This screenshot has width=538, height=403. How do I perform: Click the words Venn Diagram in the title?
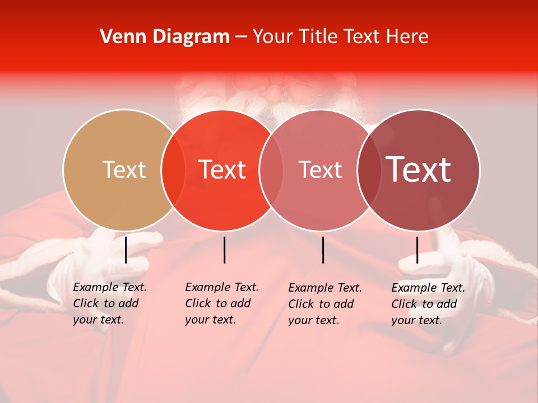click(x=165, y=37)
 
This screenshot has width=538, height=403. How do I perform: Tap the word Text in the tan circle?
click(x=124, y=170)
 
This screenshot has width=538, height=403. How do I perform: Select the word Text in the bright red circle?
click(x=222, y=170)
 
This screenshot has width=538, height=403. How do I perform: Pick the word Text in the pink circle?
click(x=320, y=170)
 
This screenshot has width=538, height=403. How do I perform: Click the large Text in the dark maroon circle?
click(x=418, y=170)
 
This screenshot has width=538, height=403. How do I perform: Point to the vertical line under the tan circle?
click(x=126, y=250)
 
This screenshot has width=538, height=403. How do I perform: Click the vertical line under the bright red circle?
click(x=224, y=250)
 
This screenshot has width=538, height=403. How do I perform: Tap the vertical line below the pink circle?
click(x=323, y=250)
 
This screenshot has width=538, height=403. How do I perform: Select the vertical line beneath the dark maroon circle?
click(x=417, y=250)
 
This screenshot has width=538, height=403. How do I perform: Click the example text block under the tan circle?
click(x=109, y=303)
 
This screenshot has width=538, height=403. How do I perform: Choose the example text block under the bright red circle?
click(x=221, y=303)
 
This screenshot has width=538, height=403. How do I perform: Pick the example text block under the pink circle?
click(x=324, y=304)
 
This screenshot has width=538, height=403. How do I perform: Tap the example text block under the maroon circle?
click(x=428, y=304)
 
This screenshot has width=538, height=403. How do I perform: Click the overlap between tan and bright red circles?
click(x=173, y=170)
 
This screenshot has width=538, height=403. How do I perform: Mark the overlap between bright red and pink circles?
click(x=271, y=170)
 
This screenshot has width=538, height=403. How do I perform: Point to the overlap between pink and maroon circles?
click(x=369, y=170)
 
